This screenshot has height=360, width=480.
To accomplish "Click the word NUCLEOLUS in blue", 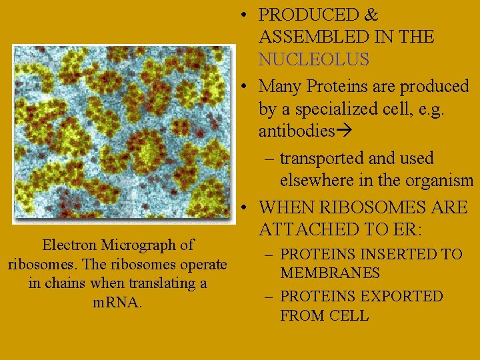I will coord(313,59).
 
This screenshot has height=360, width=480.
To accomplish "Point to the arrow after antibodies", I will coord(345,131).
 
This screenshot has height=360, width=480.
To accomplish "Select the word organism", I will coord(435,181).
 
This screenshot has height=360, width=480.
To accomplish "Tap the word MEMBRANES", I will coord(330,273).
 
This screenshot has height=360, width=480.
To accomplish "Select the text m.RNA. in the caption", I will coord(117,302).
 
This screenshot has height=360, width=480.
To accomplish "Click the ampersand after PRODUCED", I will coord(371,15).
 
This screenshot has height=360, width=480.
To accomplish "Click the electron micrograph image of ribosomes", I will coord(124,133).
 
